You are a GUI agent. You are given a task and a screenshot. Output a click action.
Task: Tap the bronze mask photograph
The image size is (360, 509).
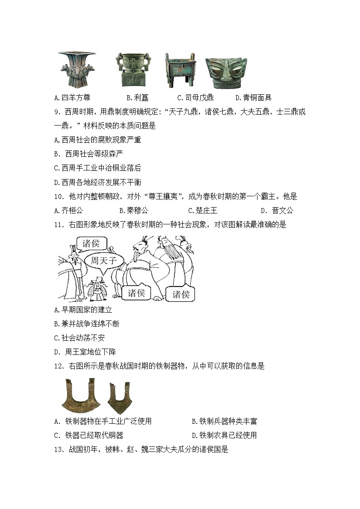point(224,73)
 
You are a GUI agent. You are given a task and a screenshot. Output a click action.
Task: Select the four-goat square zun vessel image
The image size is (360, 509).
point(77,69)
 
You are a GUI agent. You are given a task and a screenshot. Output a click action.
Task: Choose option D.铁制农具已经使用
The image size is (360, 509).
point(224,435)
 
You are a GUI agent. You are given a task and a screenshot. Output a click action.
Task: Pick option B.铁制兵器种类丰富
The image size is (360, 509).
point(224,421)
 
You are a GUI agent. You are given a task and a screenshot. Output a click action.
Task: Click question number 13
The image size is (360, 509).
point(58,449)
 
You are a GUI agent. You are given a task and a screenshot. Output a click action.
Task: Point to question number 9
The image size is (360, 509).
point(56,111)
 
